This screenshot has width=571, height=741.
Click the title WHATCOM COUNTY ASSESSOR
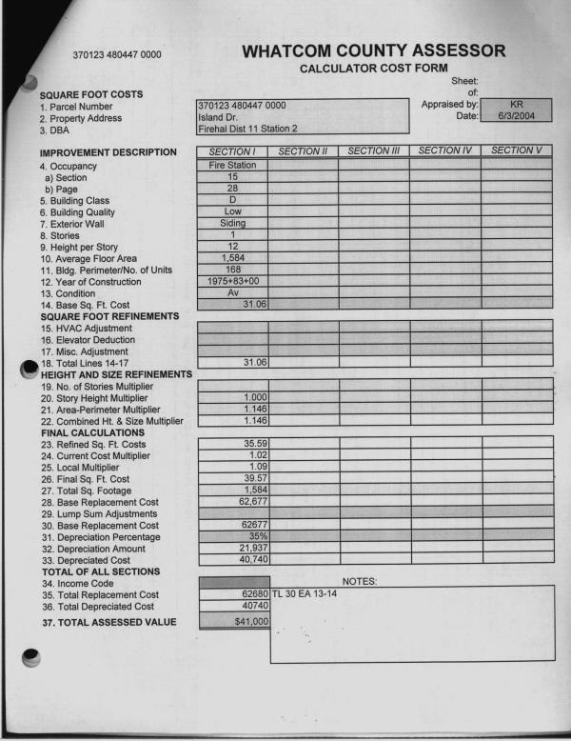coord(374,50)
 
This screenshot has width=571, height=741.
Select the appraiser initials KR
coord(517,103)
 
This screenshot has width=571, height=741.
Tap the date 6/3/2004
coord(517,115)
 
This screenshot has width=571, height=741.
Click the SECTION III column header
coord(373,150)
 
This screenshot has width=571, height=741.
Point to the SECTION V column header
coord(517,150)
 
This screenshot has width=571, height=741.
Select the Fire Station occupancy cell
coord(232,165)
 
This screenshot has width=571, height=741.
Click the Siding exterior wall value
coord(232,223)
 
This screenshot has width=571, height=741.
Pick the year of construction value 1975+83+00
coord(232,281)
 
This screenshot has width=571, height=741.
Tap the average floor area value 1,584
coord(232,257)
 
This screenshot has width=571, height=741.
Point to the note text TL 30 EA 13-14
coord(305,592)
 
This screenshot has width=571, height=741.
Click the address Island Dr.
coord(219,116)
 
